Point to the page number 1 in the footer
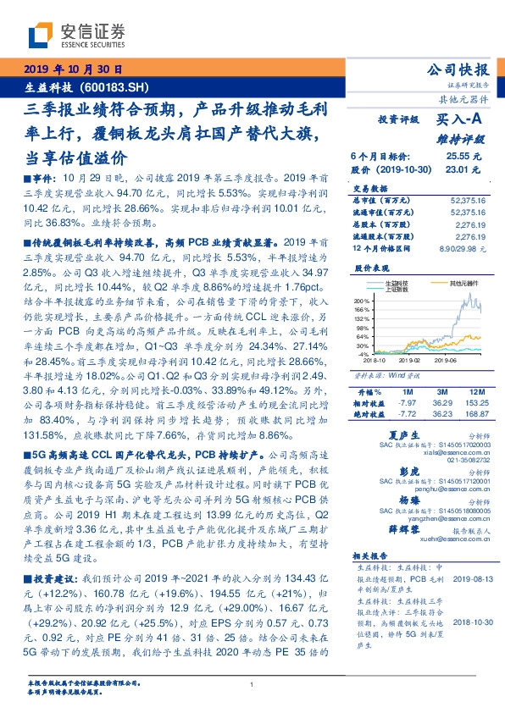(252, 684)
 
